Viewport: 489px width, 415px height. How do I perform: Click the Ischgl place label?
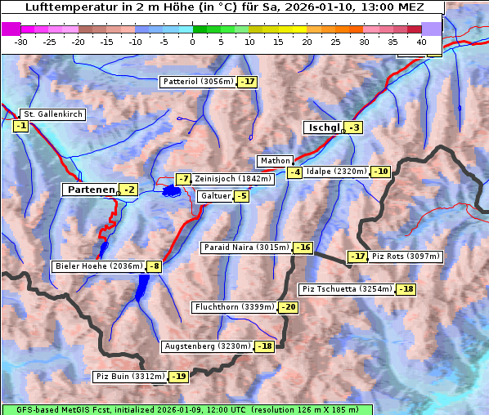pos(323,127)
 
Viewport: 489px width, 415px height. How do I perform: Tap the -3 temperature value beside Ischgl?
pos(353,127)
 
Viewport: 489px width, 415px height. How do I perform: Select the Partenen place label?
pos(91,190)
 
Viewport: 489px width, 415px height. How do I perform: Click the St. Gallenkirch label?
pos(52,114)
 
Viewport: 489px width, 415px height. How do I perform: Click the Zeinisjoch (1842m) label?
pos(232,179)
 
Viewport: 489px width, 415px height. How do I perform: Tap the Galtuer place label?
pos(214,196)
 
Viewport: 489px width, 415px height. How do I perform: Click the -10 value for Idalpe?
pos(380,172)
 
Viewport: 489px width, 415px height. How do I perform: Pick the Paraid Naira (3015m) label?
pos(247,247)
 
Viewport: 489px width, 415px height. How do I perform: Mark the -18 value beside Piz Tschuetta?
pos(406,289)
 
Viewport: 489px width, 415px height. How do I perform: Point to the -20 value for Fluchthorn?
pos(289,307)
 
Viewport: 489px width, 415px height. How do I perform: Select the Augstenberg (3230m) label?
pos(207,346)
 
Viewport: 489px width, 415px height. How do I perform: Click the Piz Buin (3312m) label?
pos(130,377)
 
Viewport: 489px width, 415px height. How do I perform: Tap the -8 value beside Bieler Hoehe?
pos(154,266)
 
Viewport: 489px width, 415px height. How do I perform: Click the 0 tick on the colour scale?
pos(193,41)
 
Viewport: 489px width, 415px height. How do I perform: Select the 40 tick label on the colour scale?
pos(422,41)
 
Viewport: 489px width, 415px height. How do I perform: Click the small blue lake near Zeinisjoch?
pos(171,190)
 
